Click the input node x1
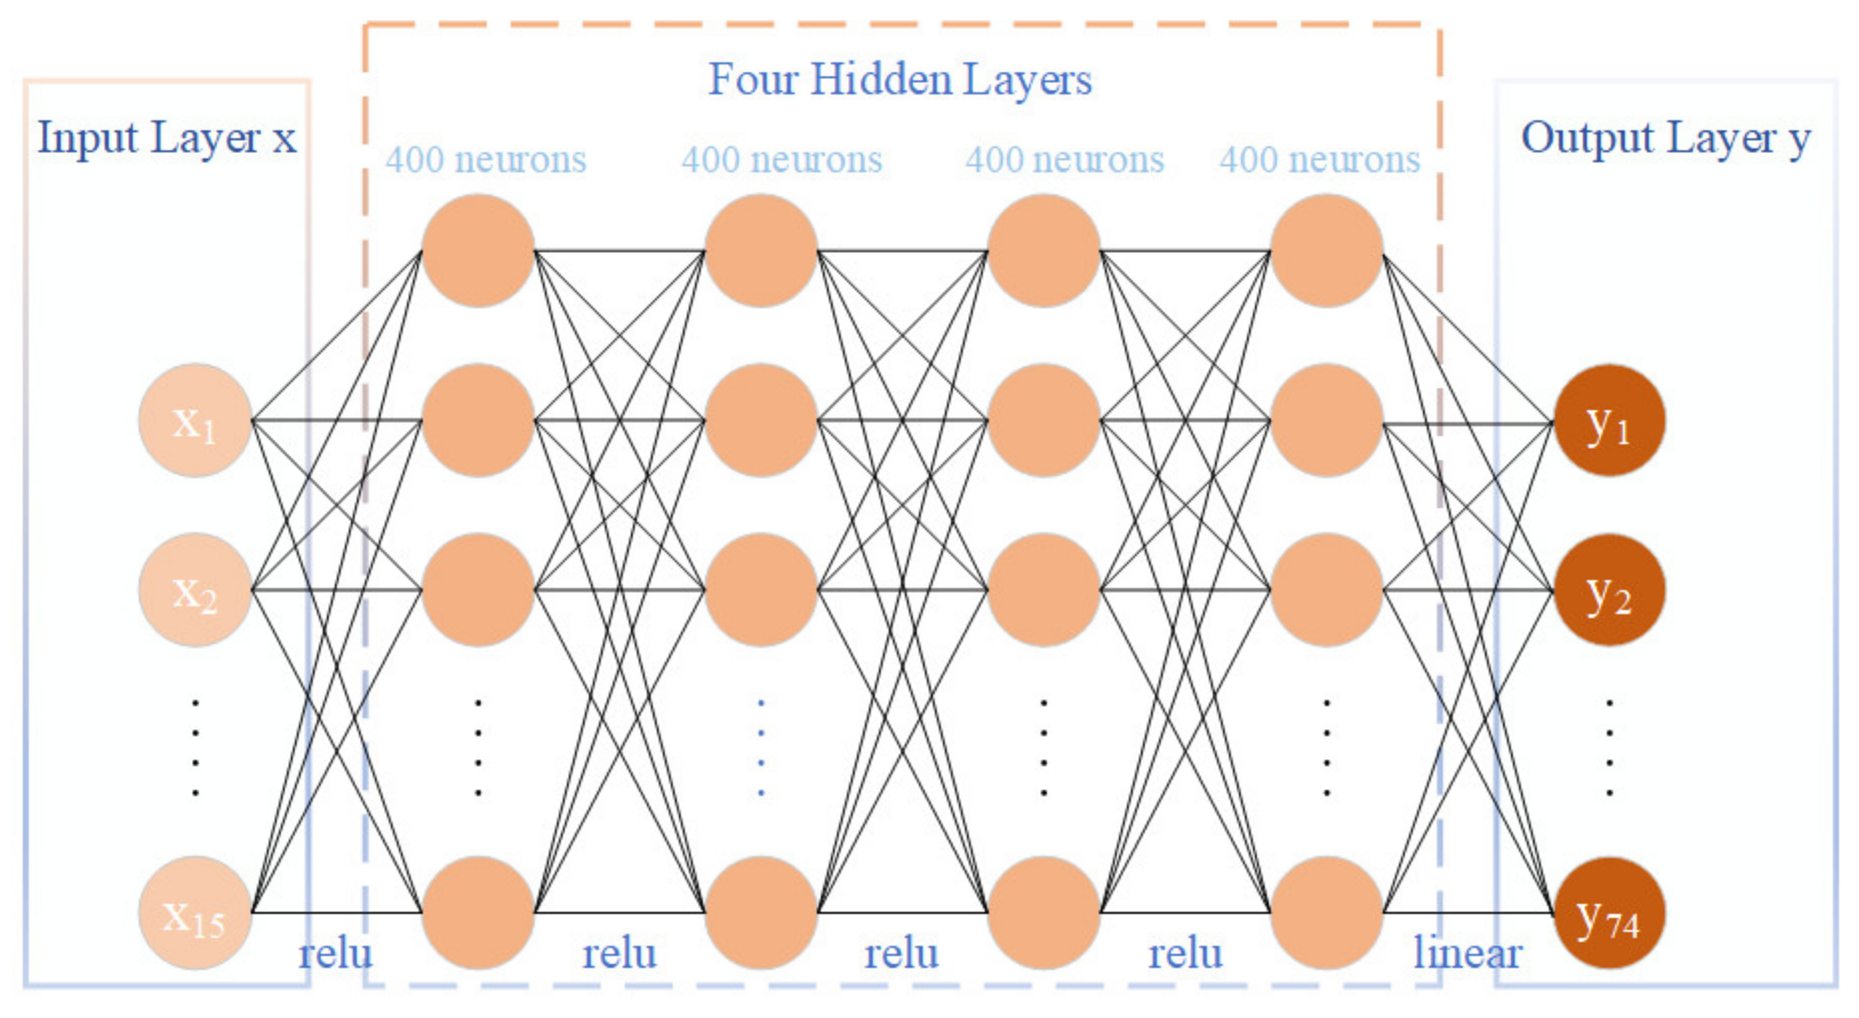click(x=195, y=421)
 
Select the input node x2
click(x=195, y=590)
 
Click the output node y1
click(x=1609, y=421)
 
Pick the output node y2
click(x=1609, y=590)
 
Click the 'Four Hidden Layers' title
click(x=900, y=80)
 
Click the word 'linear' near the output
click(x=1467, y=954)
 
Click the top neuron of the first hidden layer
click(x=478, y=250)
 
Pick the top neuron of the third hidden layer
click(x=1043, y=250)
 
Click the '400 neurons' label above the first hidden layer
click(x=486, y=159)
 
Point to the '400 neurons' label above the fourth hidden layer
click(x=1320, y=159)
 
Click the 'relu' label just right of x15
click(x=336, y=954)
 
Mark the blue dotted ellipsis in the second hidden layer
click(x=761, y=748)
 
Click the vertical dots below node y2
click(x=1609, y=748)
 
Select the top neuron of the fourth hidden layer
click(x=1326, y=250)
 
